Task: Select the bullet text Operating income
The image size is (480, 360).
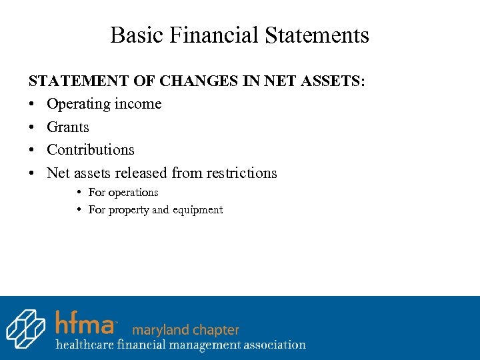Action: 104,104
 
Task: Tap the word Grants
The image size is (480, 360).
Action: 67,127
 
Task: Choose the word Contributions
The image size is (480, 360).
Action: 91,150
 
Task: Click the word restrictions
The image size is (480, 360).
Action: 241,173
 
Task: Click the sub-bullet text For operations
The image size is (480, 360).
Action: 123,192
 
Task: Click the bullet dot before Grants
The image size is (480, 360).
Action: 32,127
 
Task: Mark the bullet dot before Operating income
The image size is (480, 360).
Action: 32,105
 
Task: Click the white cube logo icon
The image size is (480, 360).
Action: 25,328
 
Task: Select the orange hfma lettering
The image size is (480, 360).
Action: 85,321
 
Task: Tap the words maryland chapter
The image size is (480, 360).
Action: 185,329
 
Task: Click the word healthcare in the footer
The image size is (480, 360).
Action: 84,345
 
